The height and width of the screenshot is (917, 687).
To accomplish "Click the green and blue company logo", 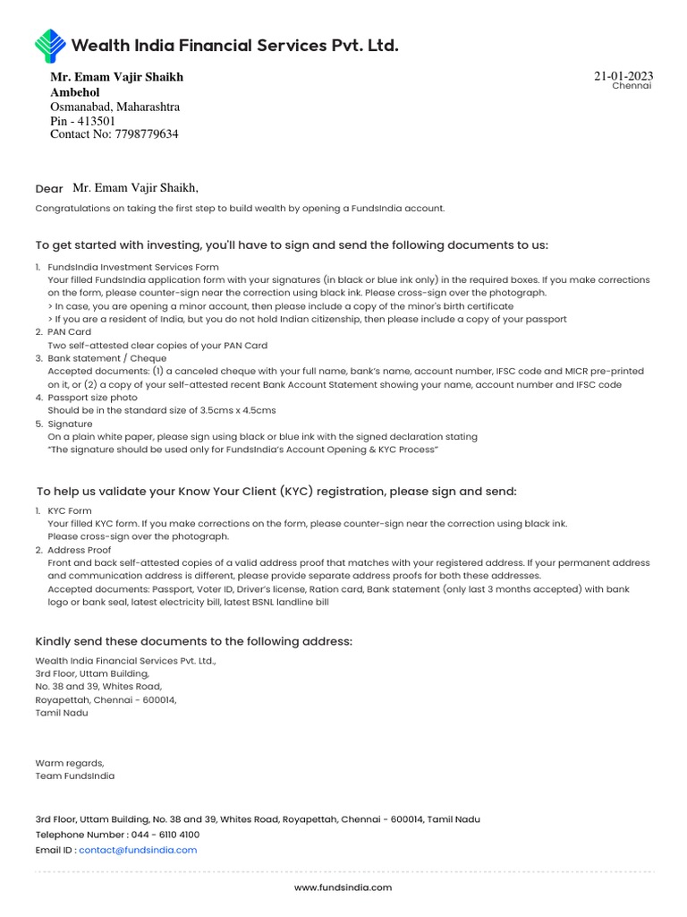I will [x=50, y=46].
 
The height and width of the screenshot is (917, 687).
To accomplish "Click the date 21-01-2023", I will [x=623, y=76].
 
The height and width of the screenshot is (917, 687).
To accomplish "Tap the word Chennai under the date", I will [x=632, y=86].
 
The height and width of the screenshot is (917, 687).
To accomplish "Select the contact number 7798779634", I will [x=146, y=134].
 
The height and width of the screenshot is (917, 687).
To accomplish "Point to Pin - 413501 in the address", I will [x=82, y=121].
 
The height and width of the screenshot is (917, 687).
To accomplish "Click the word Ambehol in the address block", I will [x=75, y=92].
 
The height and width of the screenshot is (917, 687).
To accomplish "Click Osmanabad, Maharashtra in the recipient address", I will [x=114, y=107].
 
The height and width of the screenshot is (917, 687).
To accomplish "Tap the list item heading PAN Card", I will [x=69, y=332].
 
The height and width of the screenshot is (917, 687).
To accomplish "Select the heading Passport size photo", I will [x=92, y=398].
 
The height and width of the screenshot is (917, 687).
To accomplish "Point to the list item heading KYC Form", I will [x=70, y=511].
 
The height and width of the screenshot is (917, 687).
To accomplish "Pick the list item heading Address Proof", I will [x=80, y=550].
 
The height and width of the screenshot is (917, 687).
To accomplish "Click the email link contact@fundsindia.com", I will [x=138, y=850].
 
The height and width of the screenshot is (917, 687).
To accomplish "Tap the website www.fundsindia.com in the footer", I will [x=343, y=887].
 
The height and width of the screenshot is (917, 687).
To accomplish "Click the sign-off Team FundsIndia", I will [x=75, y=776].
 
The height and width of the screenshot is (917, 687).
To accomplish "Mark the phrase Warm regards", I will [x=70, y=763].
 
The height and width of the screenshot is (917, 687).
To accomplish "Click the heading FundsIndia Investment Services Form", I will [x=133, y=267].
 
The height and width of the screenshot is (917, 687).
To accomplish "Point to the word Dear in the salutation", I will [x=49, y=189].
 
